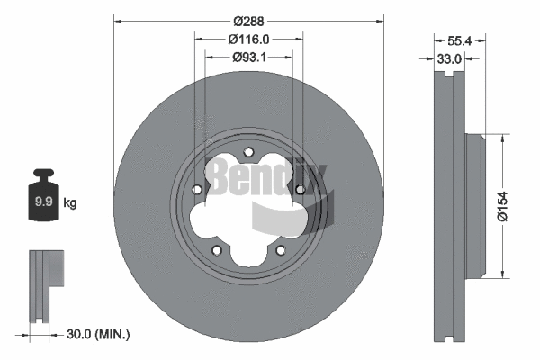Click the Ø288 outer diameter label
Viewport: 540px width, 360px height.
pyautogui.click(x=249, y=20)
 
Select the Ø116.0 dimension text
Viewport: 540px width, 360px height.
pyautogui.click(x=249, y=40)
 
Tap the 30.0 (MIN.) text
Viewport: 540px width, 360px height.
pyautogui.click(x=99, y=335)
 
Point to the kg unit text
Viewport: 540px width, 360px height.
pyautogui.click(x=70, y=203)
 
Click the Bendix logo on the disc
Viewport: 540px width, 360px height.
pyautogui.click(x=268, y=180)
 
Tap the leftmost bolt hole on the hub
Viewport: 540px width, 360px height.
pyautogui.click(x=198, y=190)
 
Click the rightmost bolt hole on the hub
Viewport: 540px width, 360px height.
pyautogui.click(x=300, y=190)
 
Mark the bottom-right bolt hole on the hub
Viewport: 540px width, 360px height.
pyautogui.click(x=280, y=250)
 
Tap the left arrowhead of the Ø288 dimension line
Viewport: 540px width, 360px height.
pyautogui.click(x=118, y=20)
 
